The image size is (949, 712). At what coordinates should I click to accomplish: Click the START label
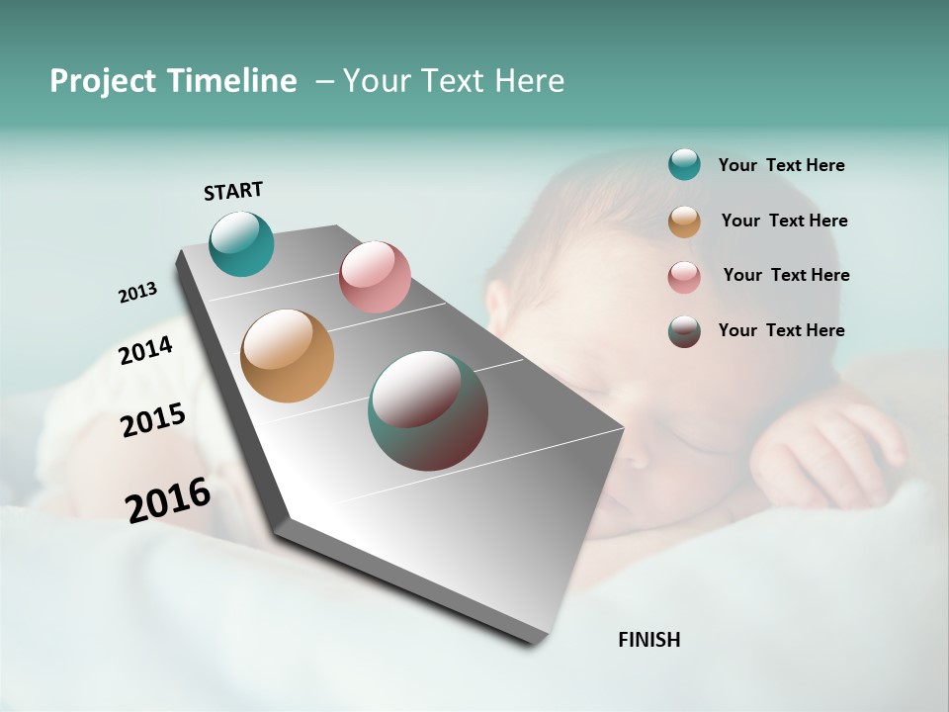[233, 191]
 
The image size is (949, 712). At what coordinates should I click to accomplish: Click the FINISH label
[648, 640]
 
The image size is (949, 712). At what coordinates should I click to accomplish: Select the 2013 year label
[137, 293]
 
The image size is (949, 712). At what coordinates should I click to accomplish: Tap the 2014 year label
[145, 350]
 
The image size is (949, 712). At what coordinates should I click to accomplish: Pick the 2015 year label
[153, 419]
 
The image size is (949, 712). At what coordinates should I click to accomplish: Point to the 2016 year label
[168, 499]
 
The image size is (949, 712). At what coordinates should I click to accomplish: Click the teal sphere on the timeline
[241, 243]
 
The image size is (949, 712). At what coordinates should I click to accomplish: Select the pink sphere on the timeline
[375, 277]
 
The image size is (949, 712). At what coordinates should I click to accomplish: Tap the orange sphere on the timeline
[287, 356]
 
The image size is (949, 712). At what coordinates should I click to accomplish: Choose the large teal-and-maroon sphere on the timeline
[428, 410]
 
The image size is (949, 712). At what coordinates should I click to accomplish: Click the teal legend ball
[684, 164]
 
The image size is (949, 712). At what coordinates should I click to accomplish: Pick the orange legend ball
[684, 222]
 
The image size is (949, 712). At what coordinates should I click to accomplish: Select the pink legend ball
[684, 277]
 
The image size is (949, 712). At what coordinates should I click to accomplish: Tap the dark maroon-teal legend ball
[684, 331]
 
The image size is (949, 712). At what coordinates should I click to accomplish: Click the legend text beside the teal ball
[781, 165]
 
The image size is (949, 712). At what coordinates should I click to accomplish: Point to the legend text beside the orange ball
[784, 221]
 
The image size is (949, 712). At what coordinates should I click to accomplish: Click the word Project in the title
[104, 81]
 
